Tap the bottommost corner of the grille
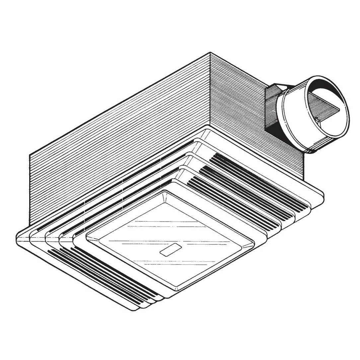click(x=134, y=310)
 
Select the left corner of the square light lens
click(x=87, y=236)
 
